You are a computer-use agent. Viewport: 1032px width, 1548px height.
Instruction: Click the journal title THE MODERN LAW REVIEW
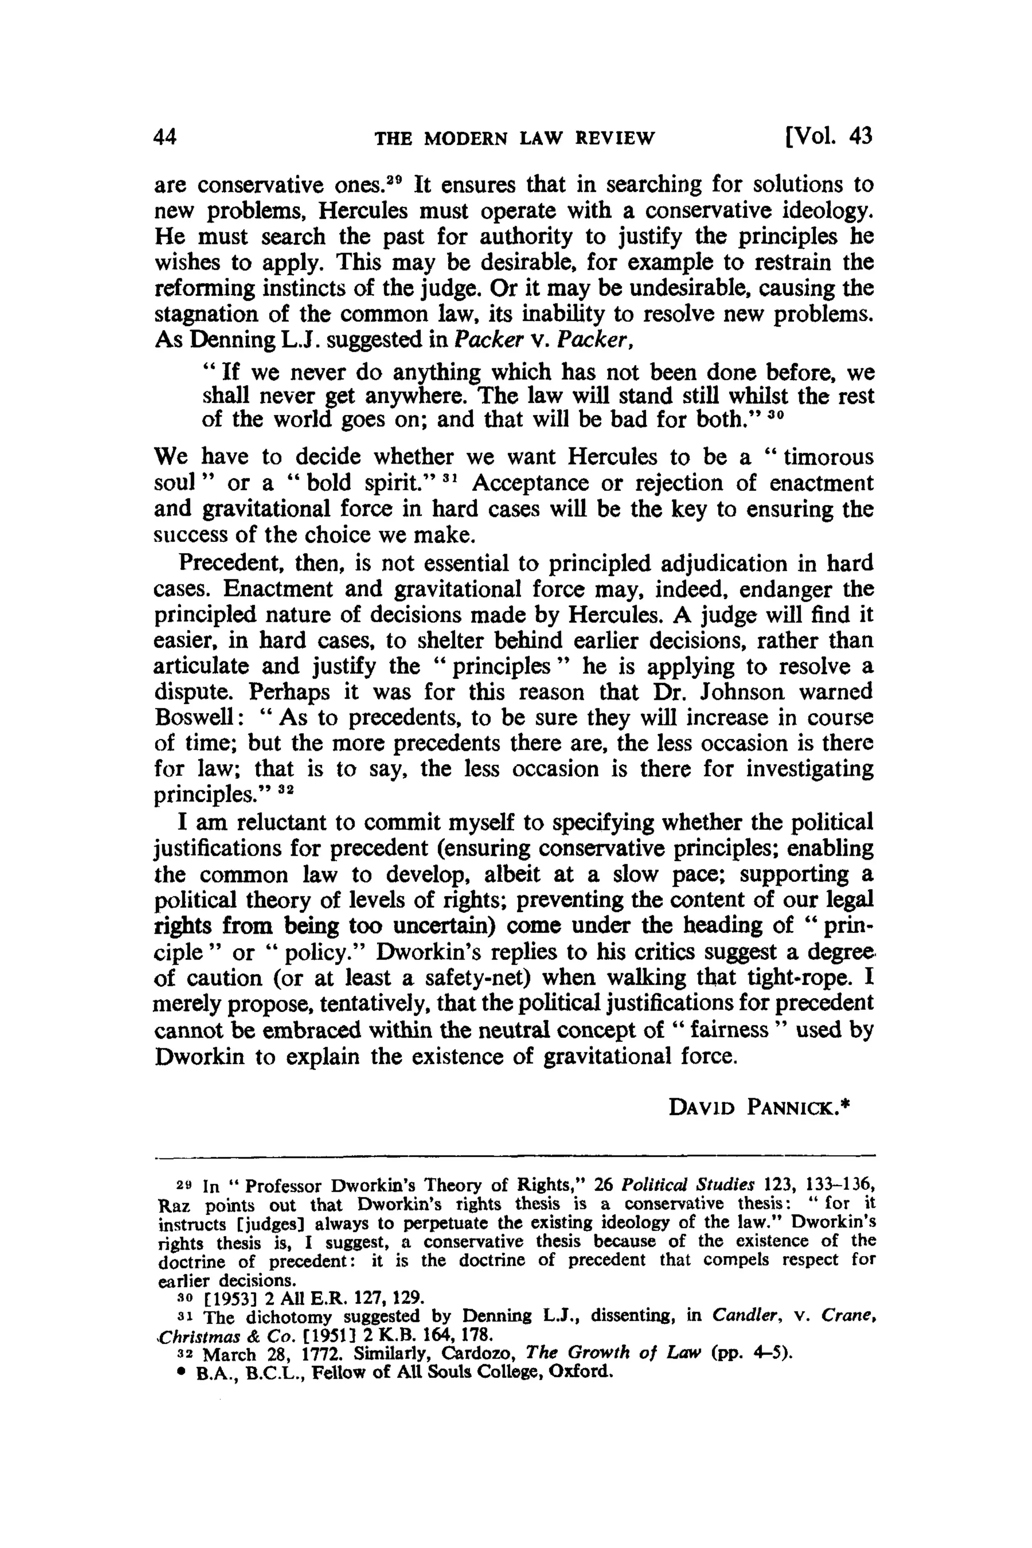pyautogui.click(x=514, y=138)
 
